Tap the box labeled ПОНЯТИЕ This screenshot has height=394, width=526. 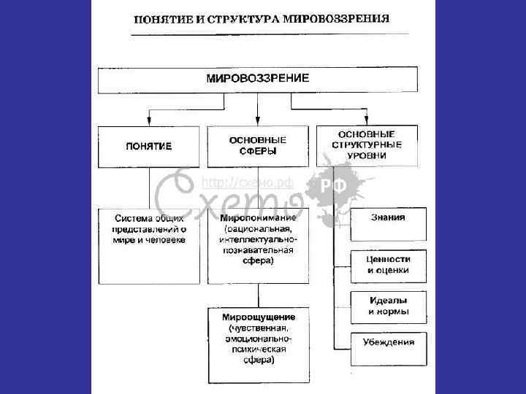coord(148,146)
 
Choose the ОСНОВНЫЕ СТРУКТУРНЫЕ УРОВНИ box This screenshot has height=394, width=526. coord(367,145)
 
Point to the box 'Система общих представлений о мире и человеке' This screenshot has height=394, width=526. coord(148,229)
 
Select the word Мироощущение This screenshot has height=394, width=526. coord(259,318)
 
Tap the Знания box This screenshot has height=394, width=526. coord(388,217)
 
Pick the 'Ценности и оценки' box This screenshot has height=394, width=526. coord(388,264)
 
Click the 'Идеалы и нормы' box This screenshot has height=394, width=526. coord(388,306)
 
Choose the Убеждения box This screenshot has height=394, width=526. coord(388,341)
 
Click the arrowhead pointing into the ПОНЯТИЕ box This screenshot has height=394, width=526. coord(149,120)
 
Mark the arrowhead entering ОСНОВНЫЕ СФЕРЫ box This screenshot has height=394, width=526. coord(257,120)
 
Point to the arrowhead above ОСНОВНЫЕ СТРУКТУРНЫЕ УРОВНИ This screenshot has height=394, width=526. coord(367,120)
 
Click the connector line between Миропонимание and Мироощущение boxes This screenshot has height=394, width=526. coord(258,296)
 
